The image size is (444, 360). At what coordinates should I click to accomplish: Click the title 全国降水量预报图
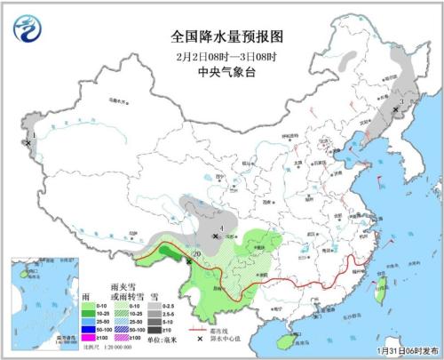pyautogui.click(x=221, y=36)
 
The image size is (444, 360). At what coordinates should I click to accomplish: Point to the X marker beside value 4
pyautogui.click(x=215, y=236)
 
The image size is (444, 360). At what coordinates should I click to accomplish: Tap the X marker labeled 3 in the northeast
pyautogui.click(x=396, y=109)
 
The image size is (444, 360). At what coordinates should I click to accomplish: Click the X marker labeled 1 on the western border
pyautogui.click(x=29, y=142)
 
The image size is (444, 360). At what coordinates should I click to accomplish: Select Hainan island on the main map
pyautogui.click(x=284, y=337)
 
